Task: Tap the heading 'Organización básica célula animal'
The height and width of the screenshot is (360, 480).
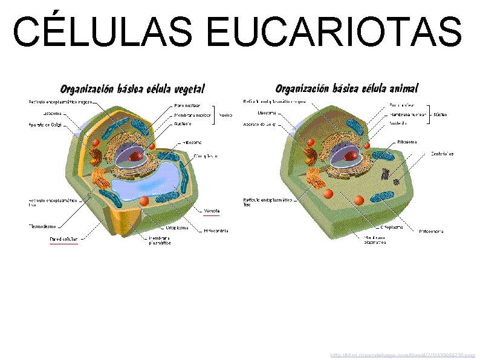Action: point(346,88)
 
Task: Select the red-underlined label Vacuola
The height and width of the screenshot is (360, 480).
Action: point(212,211)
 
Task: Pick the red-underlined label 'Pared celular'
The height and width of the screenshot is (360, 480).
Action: point(63,240)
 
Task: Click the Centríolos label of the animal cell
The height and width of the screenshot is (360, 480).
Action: point(443,154)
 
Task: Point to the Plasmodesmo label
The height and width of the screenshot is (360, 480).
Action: point(43,227)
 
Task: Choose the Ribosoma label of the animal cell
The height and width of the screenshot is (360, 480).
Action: point(406,142)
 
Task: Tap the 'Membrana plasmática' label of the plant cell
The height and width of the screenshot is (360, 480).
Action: point(161,240)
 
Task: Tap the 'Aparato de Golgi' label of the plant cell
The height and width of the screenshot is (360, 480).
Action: point(46,124)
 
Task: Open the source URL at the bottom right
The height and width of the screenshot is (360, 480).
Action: point(402,355)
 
